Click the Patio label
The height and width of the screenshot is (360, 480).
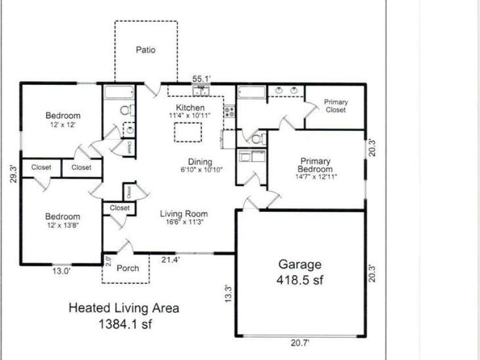tap(145, 50)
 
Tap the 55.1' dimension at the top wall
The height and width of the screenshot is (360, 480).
tap(202, 79)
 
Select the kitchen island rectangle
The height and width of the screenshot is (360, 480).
tap(187, 132)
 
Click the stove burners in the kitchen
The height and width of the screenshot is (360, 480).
tap(229, 112)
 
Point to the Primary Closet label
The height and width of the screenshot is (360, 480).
tap(335, 106)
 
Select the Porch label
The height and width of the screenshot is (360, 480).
tap(127, 268)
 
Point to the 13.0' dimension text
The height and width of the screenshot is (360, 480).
tap(61, 271)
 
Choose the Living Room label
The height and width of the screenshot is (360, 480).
tap(183, 214)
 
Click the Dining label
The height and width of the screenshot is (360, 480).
tap(200, 161)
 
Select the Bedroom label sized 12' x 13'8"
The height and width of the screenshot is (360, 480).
tap(63, 216)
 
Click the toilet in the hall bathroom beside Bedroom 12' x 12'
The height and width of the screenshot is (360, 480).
tap(126, 110)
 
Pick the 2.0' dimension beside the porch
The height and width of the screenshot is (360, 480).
tap(108, 262)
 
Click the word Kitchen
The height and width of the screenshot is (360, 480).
tap(190, 108)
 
